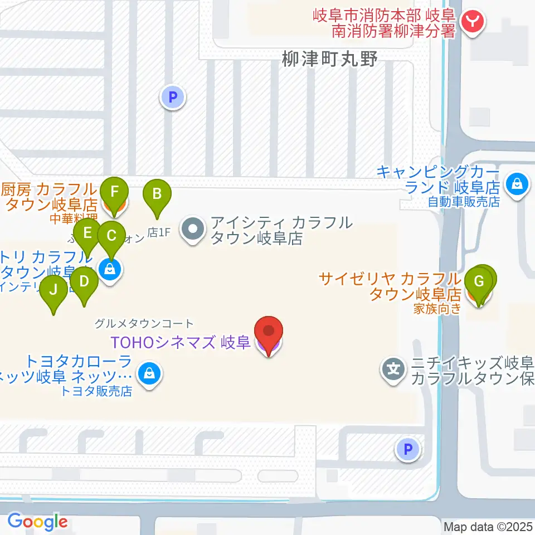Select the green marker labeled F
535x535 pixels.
coord(115,193)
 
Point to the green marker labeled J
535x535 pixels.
coord(53,290)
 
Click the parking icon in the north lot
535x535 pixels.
coord(173,98)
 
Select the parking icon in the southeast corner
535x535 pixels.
coord(408,449)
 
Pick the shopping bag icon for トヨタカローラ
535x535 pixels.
coord(149,373)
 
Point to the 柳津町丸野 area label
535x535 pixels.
coord(329,60)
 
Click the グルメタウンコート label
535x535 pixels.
coord(144,323)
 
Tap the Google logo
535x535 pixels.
coord(37,522)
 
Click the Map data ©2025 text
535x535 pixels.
coord(488,527)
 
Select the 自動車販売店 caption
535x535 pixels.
coord(464,201)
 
